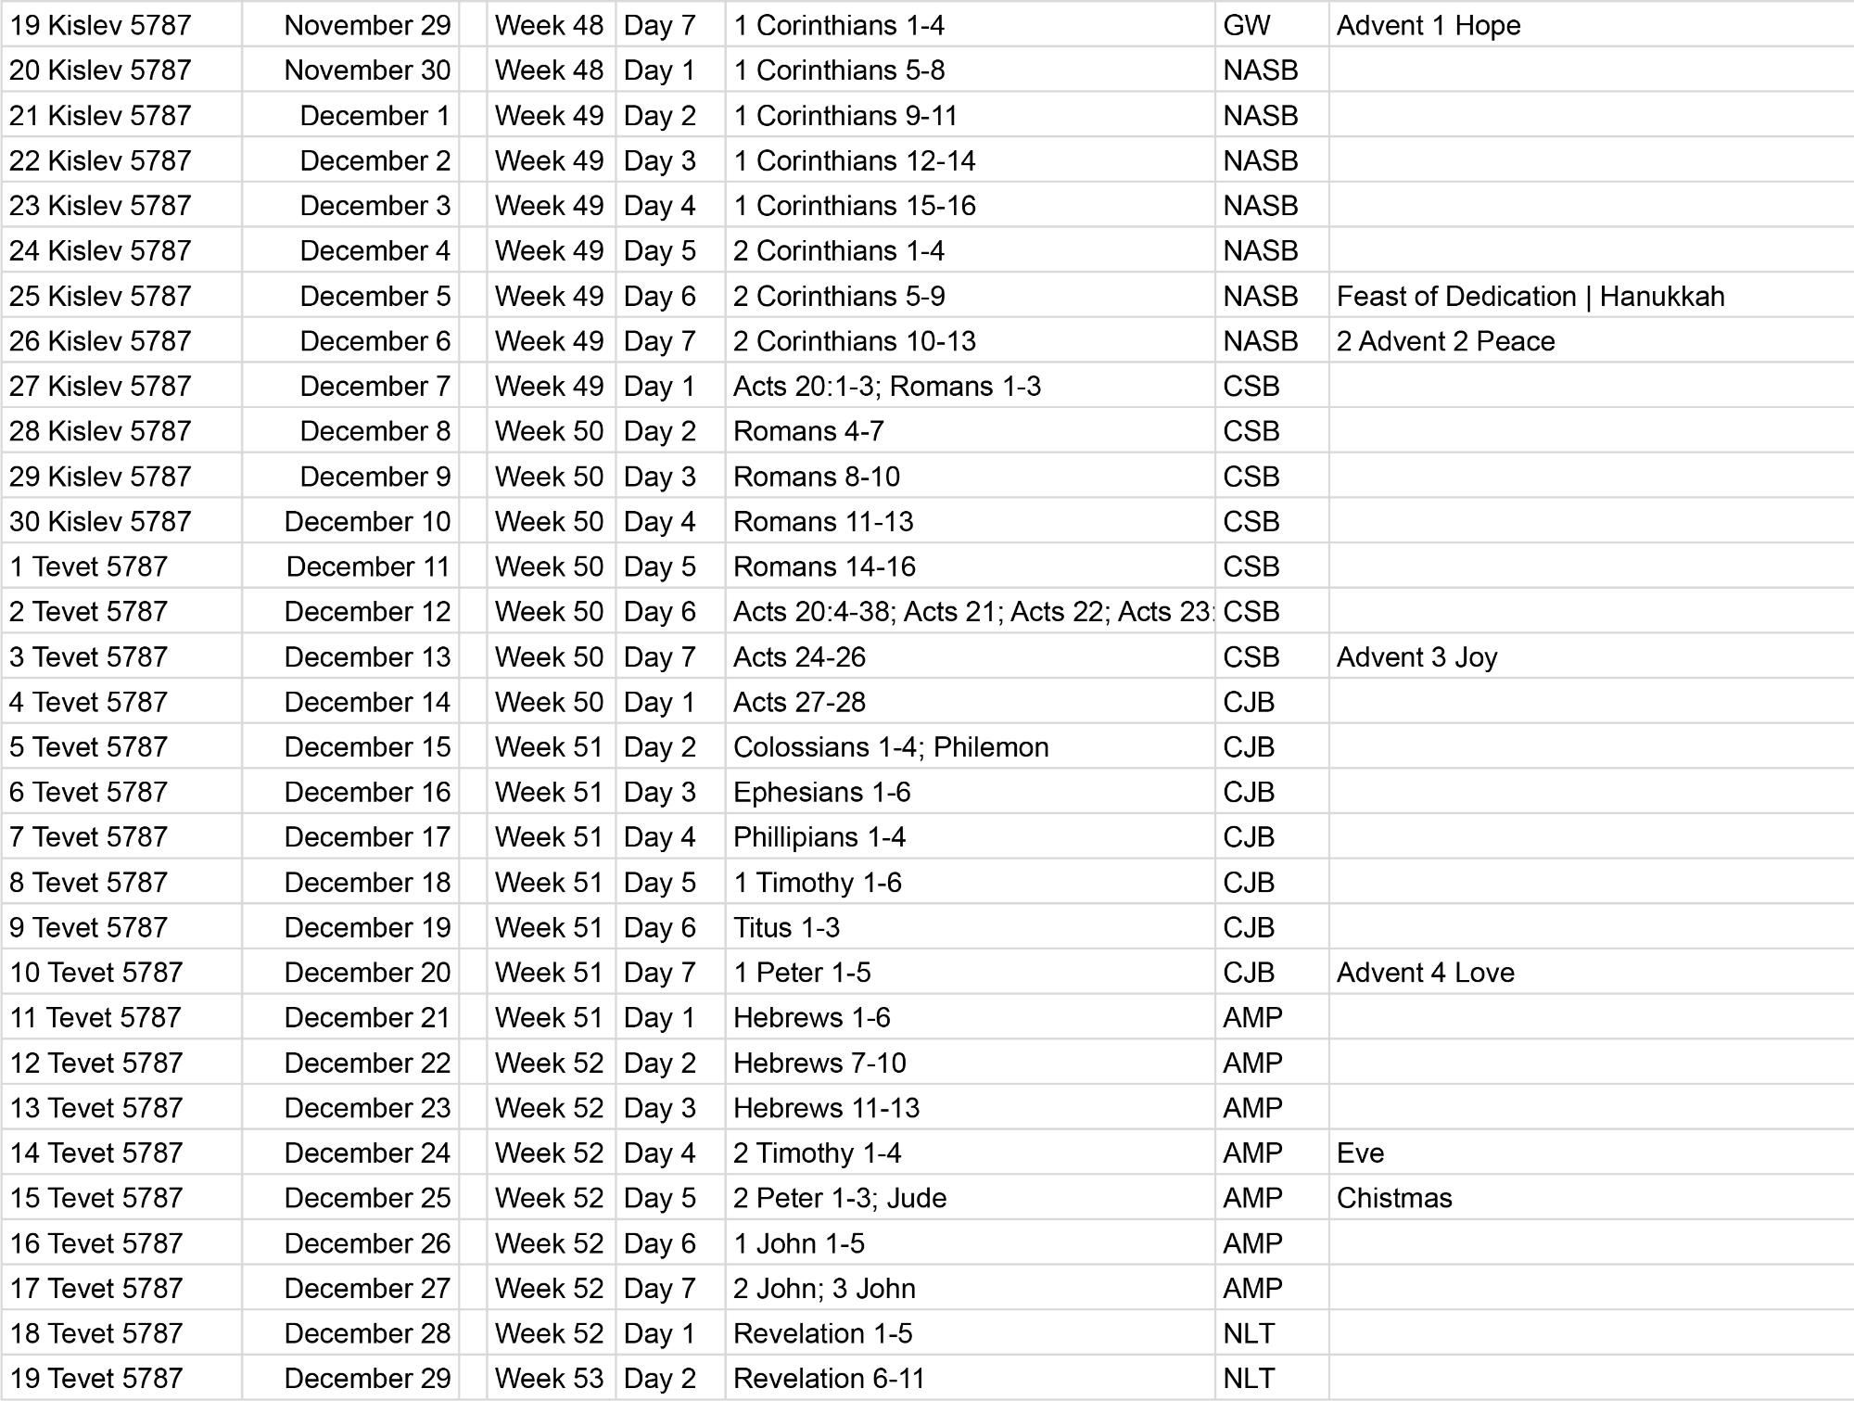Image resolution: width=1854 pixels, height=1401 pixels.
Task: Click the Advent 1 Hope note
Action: click(1428, 25)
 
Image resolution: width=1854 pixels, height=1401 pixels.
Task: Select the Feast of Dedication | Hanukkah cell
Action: click(1530, 296)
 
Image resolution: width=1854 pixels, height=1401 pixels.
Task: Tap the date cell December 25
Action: click(367, 1198)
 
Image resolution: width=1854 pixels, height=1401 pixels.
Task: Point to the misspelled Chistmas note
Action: click(1394, 1198)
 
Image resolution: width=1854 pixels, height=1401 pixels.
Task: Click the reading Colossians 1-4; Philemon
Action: click(890, 747)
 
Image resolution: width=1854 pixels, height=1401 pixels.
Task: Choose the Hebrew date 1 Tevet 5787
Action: click(89, 567)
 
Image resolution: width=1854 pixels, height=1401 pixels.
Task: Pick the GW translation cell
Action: click(1247, 25)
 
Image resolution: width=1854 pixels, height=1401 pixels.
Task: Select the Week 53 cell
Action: click(549, 1379)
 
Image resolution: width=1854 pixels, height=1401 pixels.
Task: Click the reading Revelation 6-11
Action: click(829, 1379)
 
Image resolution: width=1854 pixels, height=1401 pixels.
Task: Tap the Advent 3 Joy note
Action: click(1416, 657)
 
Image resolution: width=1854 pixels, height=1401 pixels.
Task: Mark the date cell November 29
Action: click(367, 25)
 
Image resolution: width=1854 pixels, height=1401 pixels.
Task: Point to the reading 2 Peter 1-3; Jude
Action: click(840, 1198)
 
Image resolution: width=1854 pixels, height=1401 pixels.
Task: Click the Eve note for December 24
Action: click(1360, 1153)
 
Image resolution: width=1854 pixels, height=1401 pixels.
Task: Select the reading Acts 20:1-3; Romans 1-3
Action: click(886, 387)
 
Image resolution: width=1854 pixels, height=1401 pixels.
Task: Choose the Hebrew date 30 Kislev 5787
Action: click(100, 522)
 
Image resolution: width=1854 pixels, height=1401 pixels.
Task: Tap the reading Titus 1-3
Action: click(786, 928)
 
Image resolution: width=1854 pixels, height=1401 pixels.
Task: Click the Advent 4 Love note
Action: click(1425, 973)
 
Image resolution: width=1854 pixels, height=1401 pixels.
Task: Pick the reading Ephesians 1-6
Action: click(821, 793)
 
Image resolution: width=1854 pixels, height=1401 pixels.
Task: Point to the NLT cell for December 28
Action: click(1249, 1333)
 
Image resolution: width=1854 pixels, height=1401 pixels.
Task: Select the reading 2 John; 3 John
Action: click(824, 1289)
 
